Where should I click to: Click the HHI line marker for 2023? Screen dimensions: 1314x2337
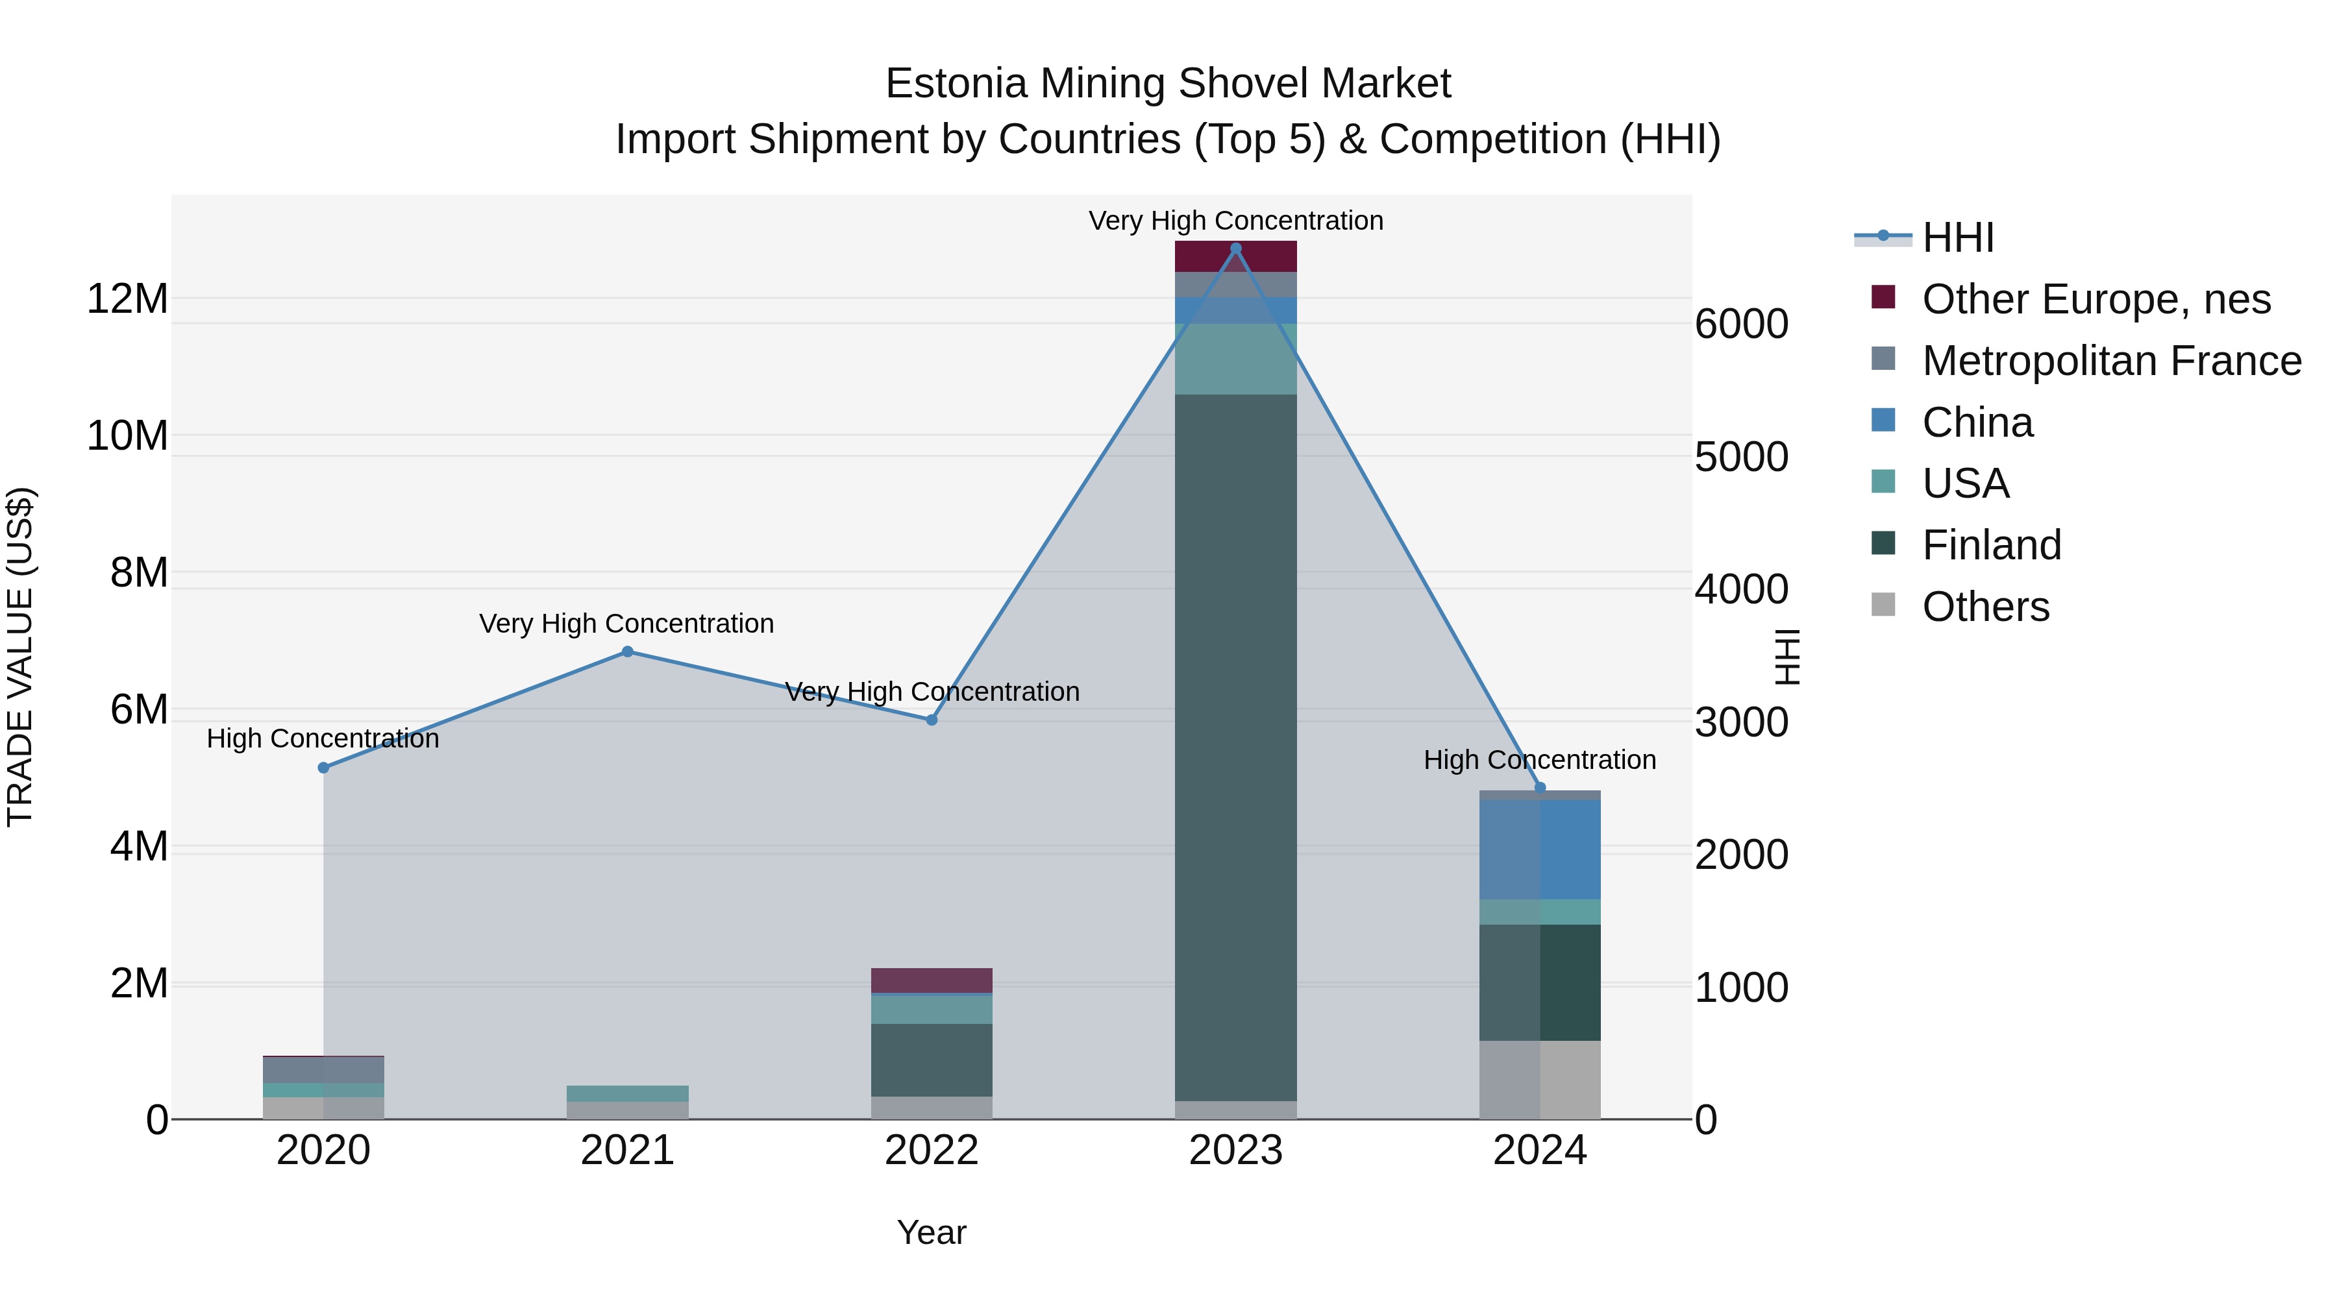[1235, 249]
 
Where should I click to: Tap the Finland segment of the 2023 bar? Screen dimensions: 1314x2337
[1235, 744]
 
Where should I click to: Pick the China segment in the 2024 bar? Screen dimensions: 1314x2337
[1540, 849]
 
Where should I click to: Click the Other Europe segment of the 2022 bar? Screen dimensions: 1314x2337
[931, 980]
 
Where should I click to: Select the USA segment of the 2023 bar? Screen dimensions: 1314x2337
[1235, 359]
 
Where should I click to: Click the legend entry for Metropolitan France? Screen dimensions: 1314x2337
[2110, 360]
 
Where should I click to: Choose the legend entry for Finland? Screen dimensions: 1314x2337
[1992, 545]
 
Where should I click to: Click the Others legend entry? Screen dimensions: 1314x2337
[1985, 607]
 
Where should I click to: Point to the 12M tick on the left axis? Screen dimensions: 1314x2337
[127, 299]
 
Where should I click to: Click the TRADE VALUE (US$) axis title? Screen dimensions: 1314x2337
[20, 657]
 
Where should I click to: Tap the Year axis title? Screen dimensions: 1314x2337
[931, 1232]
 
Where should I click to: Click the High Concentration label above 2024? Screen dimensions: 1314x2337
[1540, 760]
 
